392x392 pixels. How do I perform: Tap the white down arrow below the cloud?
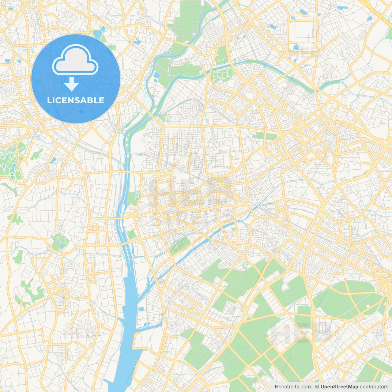pos(72,84)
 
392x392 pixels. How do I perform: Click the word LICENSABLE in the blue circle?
pos(76,100)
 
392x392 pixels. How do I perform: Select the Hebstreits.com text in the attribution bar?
pos(292,387)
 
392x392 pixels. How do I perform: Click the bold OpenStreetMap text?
pos(339,387)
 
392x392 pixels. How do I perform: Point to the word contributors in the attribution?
pos(374,387)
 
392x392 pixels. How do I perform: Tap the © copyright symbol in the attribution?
pos(317,387)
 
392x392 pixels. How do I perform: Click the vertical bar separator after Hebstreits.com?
pos(313,387)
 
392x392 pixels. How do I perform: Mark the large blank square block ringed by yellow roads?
pos(302,32)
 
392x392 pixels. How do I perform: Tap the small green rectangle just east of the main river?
pos(132,234)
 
